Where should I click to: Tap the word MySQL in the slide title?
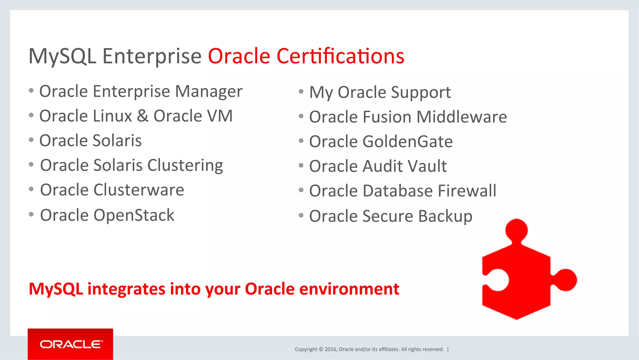[x=62, y=57]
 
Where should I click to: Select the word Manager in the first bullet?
[x=208, y=92]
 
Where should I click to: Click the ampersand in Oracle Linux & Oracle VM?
[x=143, y=116]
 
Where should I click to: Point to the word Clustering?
[x=185, y=165]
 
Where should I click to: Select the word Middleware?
[x=461, y=117]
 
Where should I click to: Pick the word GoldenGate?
[x=407, y=141]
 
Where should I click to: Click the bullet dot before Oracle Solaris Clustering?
[x=31, y=165]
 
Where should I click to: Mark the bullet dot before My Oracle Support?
[x=301, y=91]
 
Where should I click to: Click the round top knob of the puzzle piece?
[x=516, y=230]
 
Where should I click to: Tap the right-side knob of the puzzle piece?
[x=566, y=279]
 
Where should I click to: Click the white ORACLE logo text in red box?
[x=71, y=344]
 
